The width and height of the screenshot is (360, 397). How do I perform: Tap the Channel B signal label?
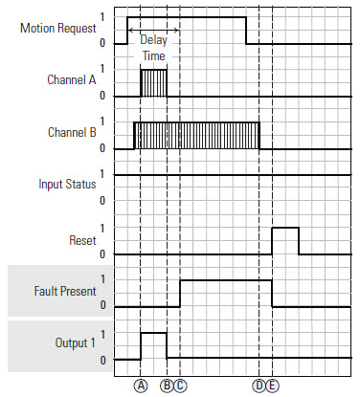coord(70,133)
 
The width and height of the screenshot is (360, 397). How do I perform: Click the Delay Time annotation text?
coord(153,50)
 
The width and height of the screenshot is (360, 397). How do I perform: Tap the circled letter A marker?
coord(141,386)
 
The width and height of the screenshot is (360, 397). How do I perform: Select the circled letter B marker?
coord(167,386)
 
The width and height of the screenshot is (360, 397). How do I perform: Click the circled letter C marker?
coord(180,386)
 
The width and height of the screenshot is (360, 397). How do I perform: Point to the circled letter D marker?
coord(259,386)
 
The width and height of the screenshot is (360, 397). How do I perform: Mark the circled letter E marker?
coord(273,386)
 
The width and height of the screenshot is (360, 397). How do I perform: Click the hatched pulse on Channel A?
coord(153,83)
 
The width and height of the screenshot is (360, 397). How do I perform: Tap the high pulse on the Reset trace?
coord(285,240)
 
